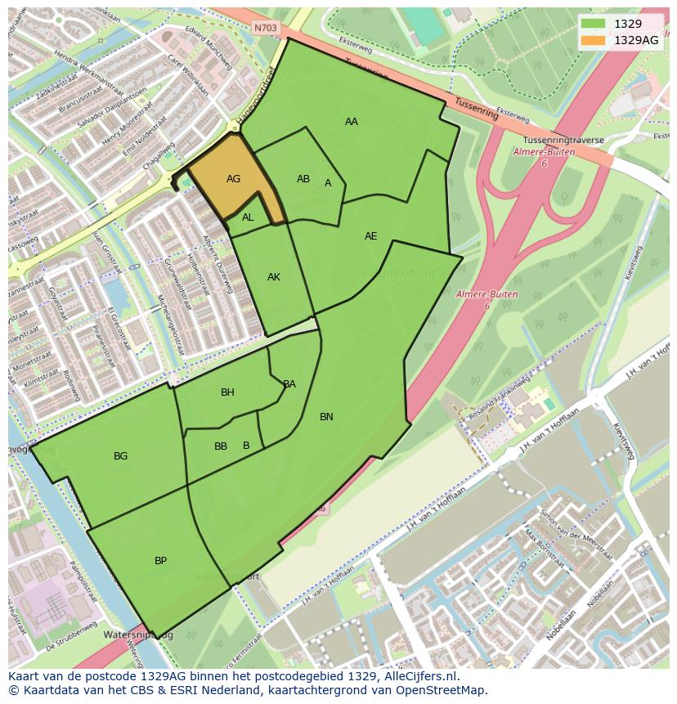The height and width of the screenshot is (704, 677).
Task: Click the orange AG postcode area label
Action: coord(233,179)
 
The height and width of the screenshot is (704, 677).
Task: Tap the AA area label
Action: coord(352,122)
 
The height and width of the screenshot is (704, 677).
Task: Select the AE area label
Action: coord(371,236)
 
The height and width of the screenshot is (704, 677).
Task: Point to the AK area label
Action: coord(274,277)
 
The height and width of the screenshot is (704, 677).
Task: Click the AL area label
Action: coord(248,217)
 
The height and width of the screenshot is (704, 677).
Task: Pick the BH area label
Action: coord(227,392)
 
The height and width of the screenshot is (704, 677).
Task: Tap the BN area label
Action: coord(326,417)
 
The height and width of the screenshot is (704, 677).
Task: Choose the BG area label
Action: coord(121,456)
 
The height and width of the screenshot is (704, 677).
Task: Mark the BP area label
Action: coord(161,561)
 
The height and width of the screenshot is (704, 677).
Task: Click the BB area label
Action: coord(221,446)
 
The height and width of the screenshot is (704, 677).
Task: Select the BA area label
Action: coord(289,384)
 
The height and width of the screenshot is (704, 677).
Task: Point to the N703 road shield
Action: coord(266,28)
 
